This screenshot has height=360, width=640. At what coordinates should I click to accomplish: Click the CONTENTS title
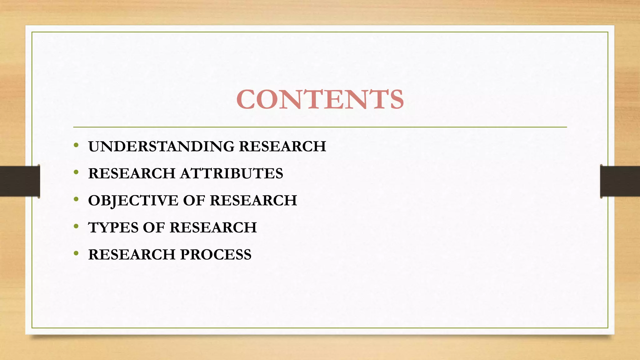pos(320,99)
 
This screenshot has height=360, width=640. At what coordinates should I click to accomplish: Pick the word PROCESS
pos(216,255)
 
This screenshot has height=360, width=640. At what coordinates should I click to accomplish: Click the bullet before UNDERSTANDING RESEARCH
pos(76,145)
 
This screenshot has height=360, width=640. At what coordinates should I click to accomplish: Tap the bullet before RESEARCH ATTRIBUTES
pos(76,172)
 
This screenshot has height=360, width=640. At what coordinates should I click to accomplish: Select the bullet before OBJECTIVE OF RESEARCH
pos(76,199)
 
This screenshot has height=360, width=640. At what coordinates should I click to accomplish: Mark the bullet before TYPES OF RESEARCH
pos(76,226)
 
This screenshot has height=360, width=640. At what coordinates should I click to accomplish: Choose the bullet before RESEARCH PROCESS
pos(76,253)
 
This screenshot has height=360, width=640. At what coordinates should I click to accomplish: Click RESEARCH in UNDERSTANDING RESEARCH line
pos(282,147)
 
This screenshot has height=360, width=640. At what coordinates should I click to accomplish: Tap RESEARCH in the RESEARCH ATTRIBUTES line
pos(132,174)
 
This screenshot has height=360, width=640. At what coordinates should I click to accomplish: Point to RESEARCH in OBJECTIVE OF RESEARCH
pos(253,201)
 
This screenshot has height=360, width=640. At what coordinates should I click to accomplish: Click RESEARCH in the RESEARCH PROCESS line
pos(132,255)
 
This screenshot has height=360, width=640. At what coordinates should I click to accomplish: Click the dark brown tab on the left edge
pos(20,181)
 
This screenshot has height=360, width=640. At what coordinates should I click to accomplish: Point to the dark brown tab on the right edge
pos(620,181)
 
